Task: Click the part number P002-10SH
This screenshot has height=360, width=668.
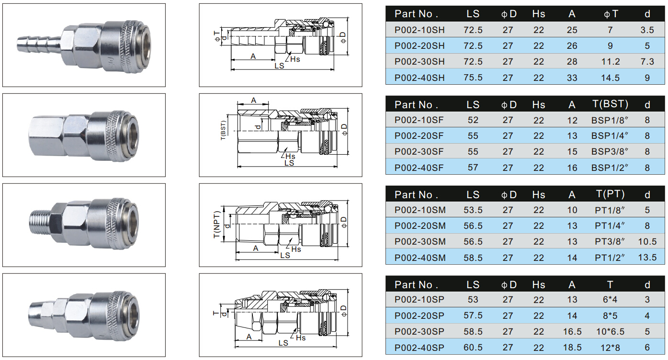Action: (419, 30)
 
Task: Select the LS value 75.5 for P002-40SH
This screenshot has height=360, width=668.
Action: (473, 78)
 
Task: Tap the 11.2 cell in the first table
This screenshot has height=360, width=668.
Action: (611, 62)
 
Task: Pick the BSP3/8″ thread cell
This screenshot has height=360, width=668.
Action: (610, 151)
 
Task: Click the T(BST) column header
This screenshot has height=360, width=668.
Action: (610, 104)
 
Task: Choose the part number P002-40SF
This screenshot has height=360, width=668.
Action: (419, 168)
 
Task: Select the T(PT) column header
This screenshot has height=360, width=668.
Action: (610, 194)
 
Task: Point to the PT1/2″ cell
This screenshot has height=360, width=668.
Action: (610, 258)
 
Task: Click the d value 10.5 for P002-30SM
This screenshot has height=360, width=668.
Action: (647, 241)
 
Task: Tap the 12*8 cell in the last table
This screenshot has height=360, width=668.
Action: (610, 348)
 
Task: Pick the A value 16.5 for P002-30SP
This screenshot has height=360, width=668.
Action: (572, 331)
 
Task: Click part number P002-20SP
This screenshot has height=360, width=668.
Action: (419, 315)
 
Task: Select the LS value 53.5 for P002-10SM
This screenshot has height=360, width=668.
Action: (473, 210)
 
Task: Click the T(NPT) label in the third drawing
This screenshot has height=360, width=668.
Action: (217, 225)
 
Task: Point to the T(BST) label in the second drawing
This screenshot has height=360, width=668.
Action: (223, 130)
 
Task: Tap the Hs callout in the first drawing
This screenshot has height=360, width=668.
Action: (295, 59)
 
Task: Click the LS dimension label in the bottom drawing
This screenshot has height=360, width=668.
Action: (283, 343)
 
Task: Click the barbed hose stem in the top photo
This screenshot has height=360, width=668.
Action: (39, 44)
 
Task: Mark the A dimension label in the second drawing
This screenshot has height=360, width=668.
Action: (253, 100)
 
